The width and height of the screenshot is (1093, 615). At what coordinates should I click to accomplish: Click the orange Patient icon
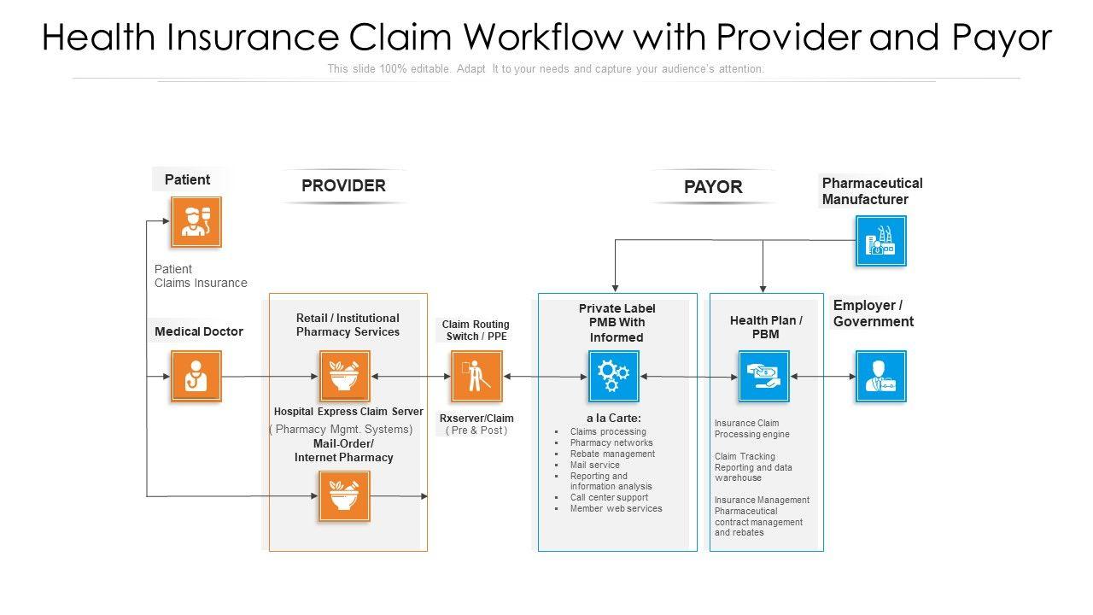pyautogui.click(x=196, y=222)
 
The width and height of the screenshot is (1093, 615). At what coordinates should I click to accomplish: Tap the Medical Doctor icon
pyautogui.click(x=196, y=376)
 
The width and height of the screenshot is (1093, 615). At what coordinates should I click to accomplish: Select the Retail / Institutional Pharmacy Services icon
pyautogui.click(x=344, y=376)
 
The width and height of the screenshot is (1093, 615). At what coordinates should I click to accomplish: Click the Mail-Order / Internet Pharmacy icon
pyautogui.click(x=344, y=496)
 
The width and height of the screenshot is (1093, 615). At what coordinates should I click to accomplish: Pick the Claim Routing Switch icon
pyautogui.click(x=476, y=376)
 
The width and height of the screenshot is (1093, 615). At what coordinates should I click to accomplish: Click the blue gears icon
pyautogui.click(x=613, y=376)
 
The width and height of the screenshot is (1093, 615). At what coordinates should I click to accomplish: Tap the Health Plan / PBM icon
pyautogui.click(x=763, y=376)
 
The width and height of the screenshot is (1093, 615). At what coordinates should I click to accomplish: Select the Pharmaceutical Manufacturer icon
pyautogui.click(x=881, y=241)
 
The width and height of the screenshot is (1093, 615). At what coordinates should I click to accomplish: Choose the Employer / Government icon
pyautogui.click(x=881, y=376)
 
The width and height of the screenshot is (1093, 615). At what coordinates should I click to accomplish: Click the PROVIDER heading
pyautogui.click(x=343, y=185)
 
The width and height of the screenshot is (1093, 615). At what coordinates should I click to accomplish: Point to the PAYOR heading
pyautogui.click(x=713, y=187)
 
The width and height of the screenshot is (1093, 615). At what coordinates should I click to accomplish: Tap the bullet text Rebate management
pyautogui.click(x=612, y=454)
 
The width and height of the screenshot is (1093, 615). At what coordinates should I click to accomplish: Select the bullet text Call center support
pyautogui.click(x=609, y=497)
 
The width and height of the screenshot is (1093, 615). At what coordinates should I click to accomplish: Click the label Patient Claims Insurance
pyautogui.click(x=201, y=276)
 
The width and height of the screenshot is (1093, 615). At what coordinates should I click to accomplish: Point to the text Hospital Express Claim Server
pyautogui.click(x=348, y=412)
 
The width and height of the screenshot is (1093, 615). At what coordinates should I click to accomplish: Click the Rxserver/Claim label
pyautogui.click(x=476, y=419)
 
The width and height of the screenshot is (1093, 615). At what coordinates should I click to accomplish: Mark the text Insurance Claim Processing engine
pyautogui.click(x=751, y=429)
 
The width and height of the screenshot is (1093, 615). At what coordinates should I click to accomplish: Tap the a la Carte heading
pyautogui.click(x=613, y=418)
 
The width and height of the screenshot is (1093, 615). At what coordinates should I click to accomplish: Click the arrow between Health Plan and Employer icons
pyautogui.click(x=823, y=376)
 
